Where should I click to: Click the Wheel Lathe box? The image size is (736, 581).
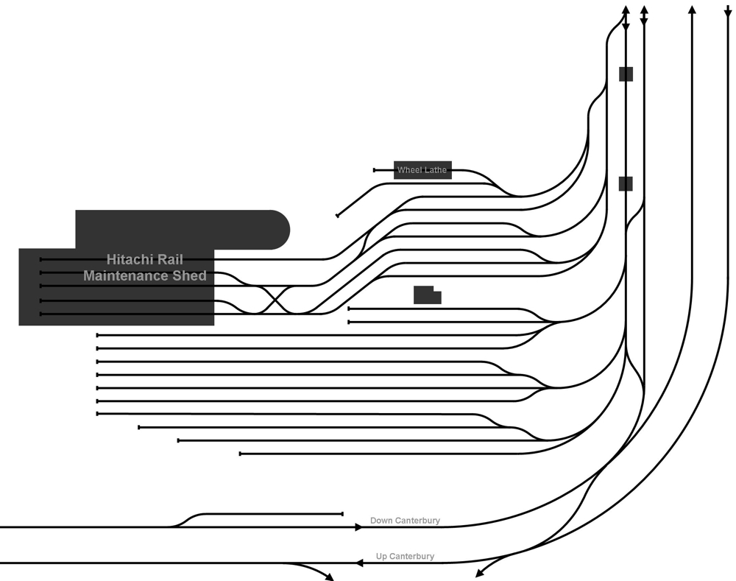[422, 170]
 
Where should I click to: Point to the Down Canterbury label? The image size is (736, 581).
[405, 521]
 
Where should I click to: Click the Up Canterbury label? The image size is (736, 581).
[405, 557]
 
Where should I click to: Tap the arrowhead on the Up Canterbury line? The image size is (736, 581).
[359, 563]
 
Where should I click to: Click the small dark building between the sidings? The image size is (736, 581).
[427, 295]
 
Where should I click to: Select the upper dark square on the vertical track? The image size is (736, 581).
[626, 74]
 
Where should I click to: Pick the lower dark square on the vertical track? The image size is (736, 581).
[626, 183]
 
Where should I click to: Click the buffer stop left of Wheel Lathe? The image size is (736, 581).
[375, 170]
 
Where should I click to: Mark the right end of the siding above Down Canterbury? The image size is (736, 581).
[342, 514]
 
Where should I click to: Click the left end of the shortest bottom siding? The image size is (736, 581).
[241, 454]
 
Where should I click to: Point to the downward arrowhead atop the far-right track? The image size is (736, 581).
[728, 13]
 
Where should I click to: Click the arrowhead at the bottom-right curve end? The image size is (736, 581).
[480, 573]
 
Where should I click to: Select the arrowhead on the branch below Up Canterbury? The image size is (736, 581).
[329, 577]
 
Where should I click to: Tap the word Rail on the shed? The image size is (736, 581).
[170, 259]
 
